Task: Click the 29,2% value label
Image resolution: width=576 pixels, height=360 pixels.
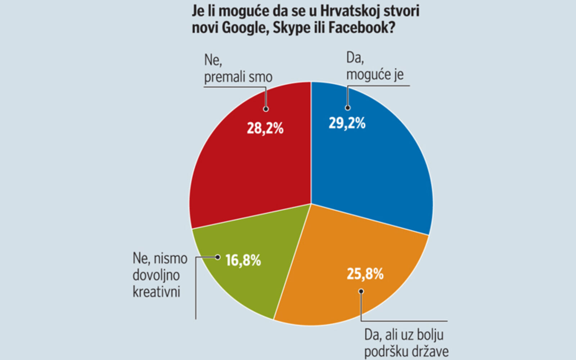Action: (x=347, y=123)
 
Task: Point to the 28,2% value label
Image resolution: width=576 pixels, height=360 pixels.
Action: (x=265, y=129)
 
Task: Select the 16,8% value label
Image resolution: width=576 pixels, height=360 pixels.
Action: (x=243, y=260)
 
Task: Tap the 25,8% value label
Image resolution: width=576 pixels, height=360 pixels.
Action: (x=365, y=274)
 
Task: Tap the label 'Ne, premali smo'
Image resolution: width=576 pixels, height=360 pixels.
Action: (x=238, y=68)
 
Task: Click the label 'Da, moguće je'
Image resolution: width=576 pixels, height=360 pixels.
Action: (x=374, y=66)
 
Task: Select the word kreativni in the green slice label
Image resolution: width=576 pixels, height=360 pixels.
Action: (x=156, y=292)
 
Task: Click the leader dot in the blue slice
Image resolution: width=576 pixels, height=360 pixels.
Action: (x=347, y=108)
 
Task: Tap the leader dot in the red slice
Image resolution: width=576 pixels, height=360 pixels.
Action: (x=266, y=109)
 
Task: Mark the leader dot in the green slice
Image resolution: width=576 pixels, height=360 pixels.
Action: (x=217, y=257)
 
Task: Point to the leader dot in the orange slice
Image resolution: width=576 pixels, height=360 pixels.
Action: (x=361, y=291)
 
